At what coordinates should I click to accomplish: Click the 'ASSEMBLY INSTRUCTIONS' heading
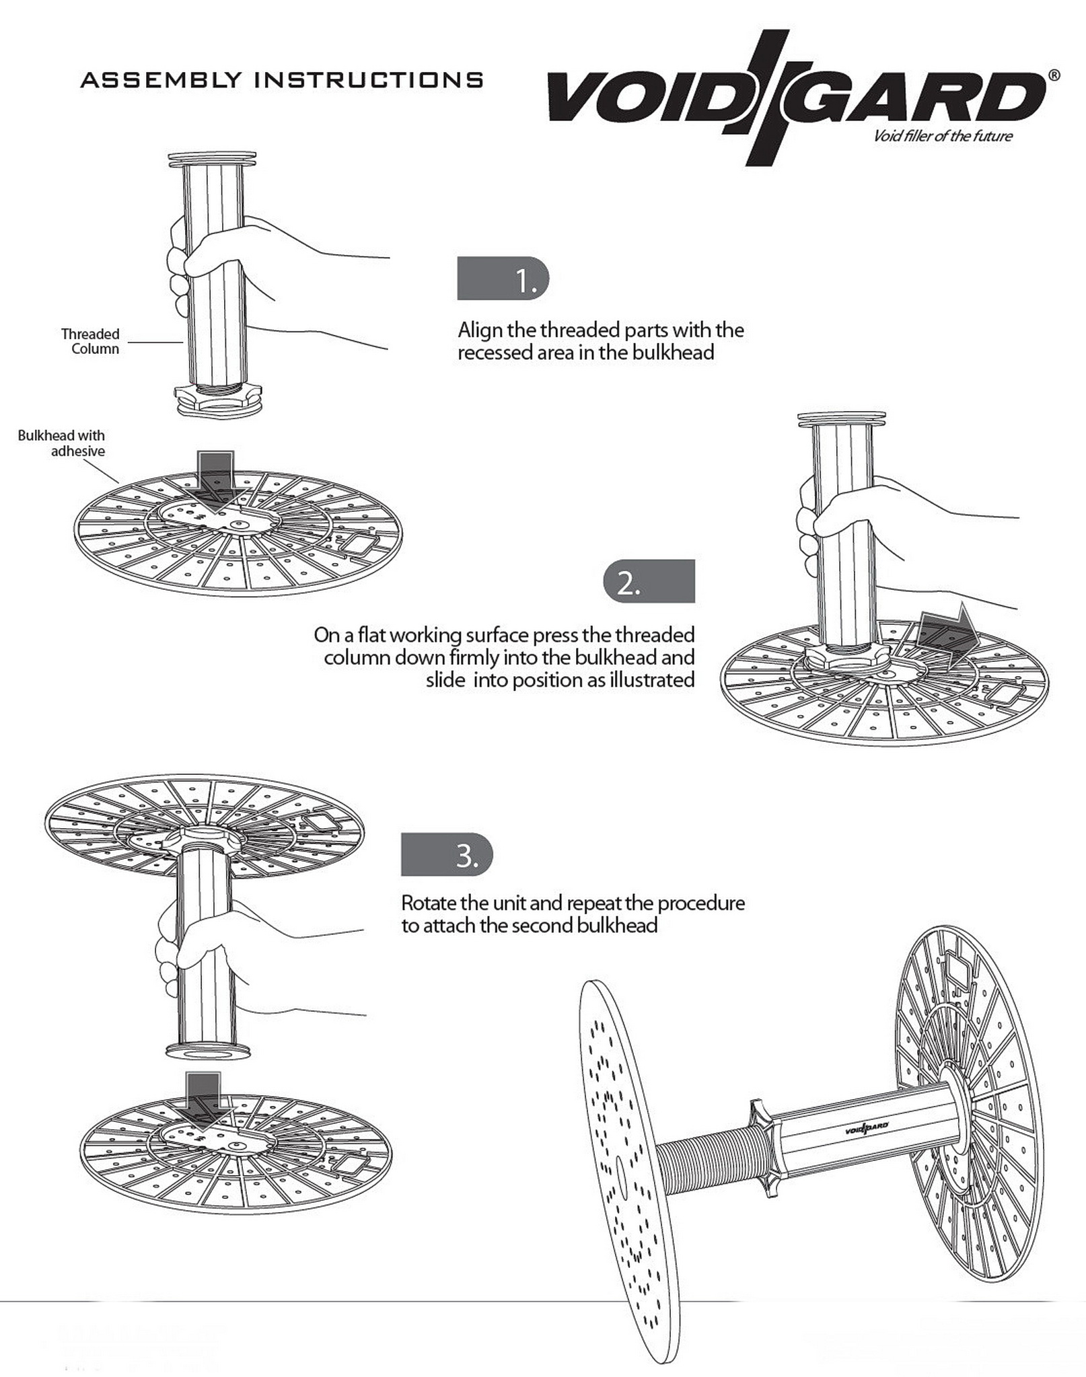tap(281, 80)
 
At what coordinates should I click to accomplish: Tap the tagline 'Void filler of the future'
tap(942, 137)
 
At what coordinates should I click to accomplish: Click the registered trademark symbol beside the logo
tap(1054, 75)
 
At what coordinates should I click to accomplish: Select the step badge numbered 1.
tap(503, 278)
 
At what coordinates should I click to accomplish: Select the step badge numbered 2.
tap(649, 581)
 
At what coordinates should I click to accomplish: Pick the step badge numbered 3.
tap(447, 856)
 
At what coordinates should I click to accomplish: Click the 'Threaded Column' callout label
tap(90, 341)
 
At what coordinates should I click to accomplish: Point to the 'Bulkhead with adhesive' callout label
tap(62, 443)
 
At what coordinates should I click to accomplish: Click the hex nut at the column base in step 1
tap(213, 397)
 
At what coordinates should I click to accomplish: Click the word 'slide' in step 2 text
tap(445, 680)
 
